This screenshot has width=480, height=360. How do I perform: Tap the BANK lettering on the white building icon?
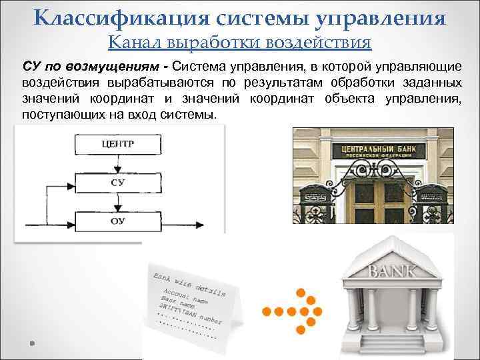[393, 271]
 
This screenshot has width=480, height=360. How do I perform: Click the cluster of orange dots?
[296, 311]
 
